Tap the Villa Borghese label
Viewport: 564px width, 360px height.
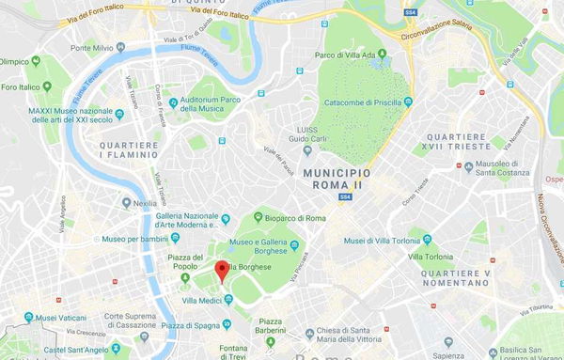pos(248,267)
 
